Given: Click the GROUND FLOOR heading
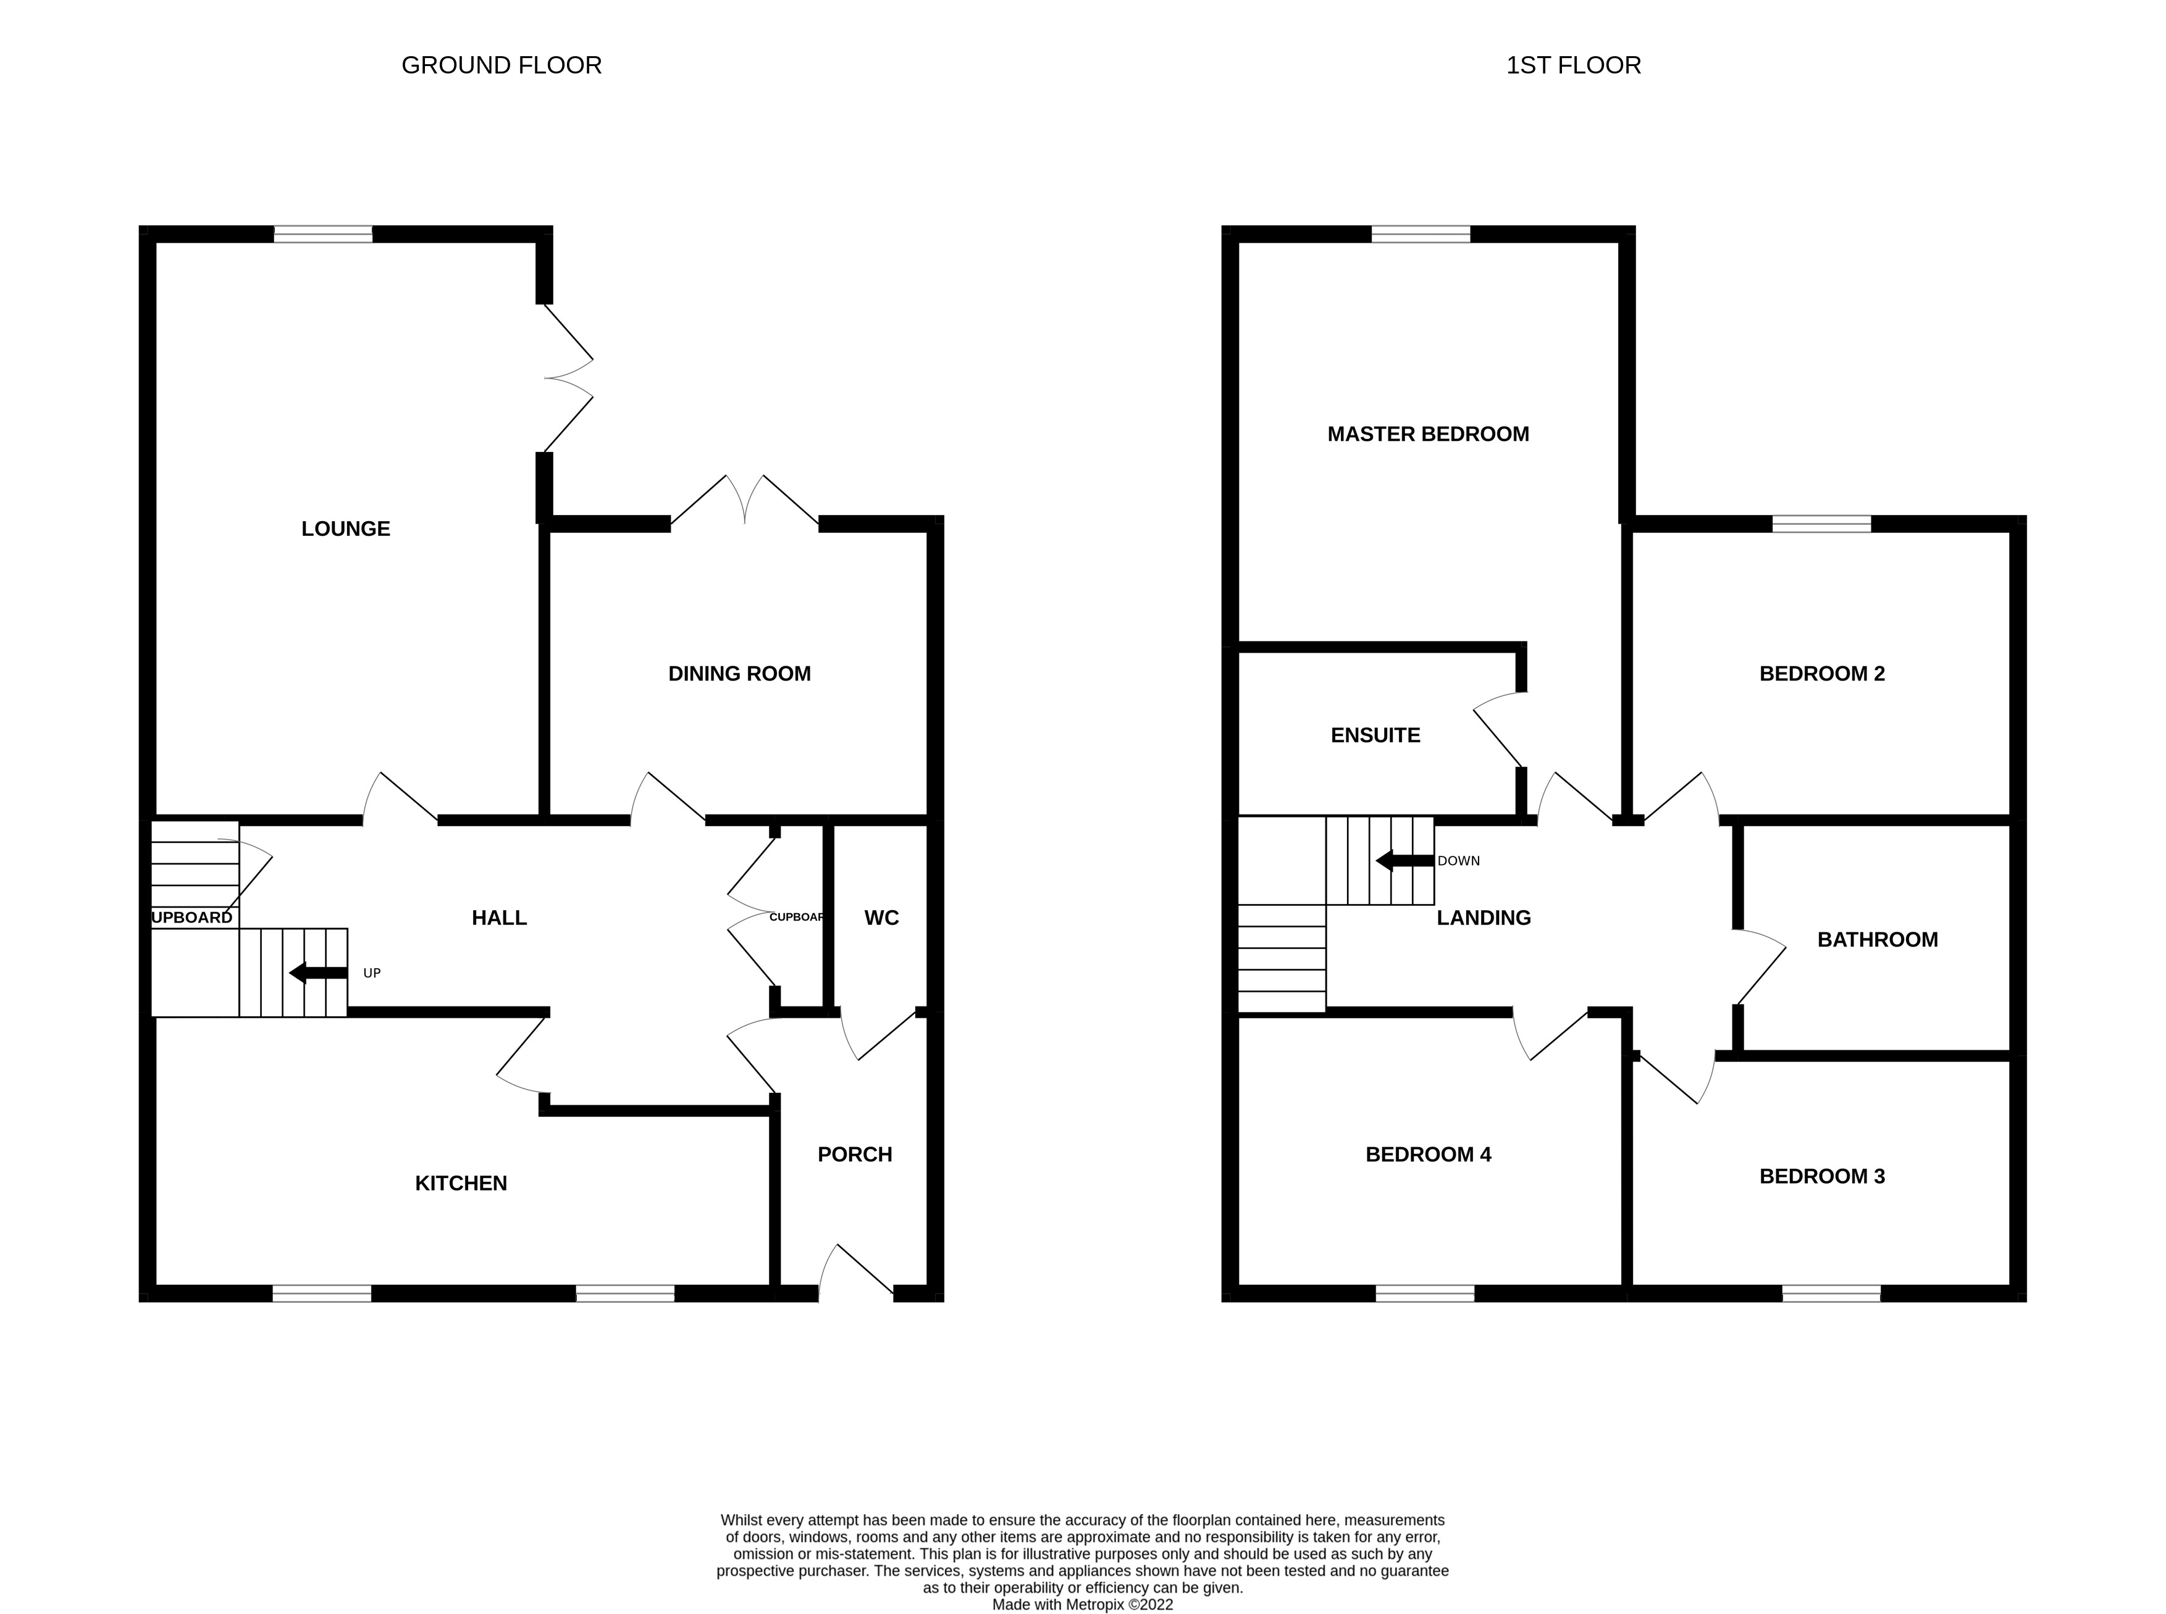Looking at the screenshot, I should (x=501, y=65).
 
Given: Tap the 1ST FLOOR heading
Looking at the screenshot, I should (x=1573, y=65).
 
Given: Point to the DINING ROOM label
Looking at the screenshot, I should (x=739, y=673).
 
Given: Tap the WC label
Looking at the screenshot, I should (x=881, y=918).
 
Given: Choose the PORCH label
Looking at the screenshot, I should (x=854, y=1154).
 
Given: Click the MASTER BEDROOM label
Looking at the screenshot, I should (x=1427, y=434).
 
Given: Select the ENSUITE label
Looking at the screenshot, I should (x=1375, y=735).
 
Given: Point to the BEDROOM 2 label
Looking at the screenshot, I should (x=1821, y=673).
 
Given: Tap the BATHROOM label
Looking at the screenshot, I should (x=1877, y=939).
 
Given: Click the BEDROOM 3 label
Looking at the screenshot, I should (x=1821, y=1176).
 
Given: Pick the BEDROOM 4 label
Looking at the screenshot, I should (x=1427, y=1154).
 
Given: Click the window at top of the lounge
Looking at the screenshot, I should (x=324, y=233).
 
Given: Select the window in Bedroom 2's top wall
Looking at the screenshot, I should (x=1821, y=524).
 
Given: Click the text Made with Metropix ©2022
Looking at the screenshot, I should (x=1083, y=1604).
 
